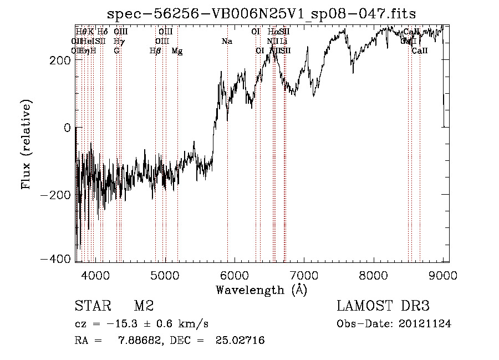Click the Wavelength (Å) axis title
pyautogui.click(x=261, y=290)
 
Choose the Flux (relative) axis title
pyautogui.click(x=27, y=144)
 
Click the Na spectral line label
pyautogui.click(x=227, y=41)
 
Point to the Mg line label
pyautogui.click(x=177, y=51)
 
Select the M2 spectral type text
pyautogui.click(x=144, y=306)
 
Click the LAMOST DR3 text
pyautogui.click(x=383, y=306)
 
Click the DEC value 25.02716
pyautogui.click(x=240, y=340)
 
